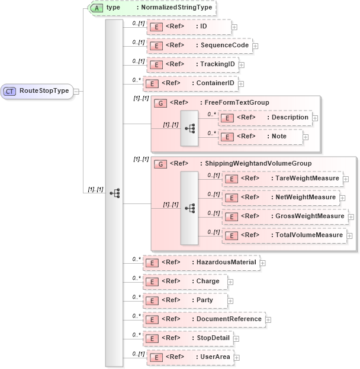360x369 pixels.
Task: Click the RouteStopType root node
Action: (37, 91)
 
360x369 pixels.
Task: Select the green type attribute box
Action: (152, 8)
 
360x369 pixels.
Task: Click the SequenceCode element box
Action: (199, 45)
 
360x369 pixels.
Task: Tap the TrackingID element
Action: (192, 64)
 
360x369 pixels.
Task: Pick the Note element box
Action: (261, 137)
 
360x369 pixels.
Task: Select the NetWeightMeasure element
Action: (281, 198)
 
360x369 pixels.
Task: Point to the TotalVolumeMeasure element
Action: (284, 235)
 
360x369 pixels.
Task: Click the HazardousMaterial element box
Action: (201, 262)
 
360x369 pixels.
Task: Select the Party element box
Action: (186, 300)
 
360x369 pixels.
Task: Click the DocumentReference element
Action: (204, 319)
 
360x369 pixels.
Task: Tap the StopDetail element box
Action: (188, 338)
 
